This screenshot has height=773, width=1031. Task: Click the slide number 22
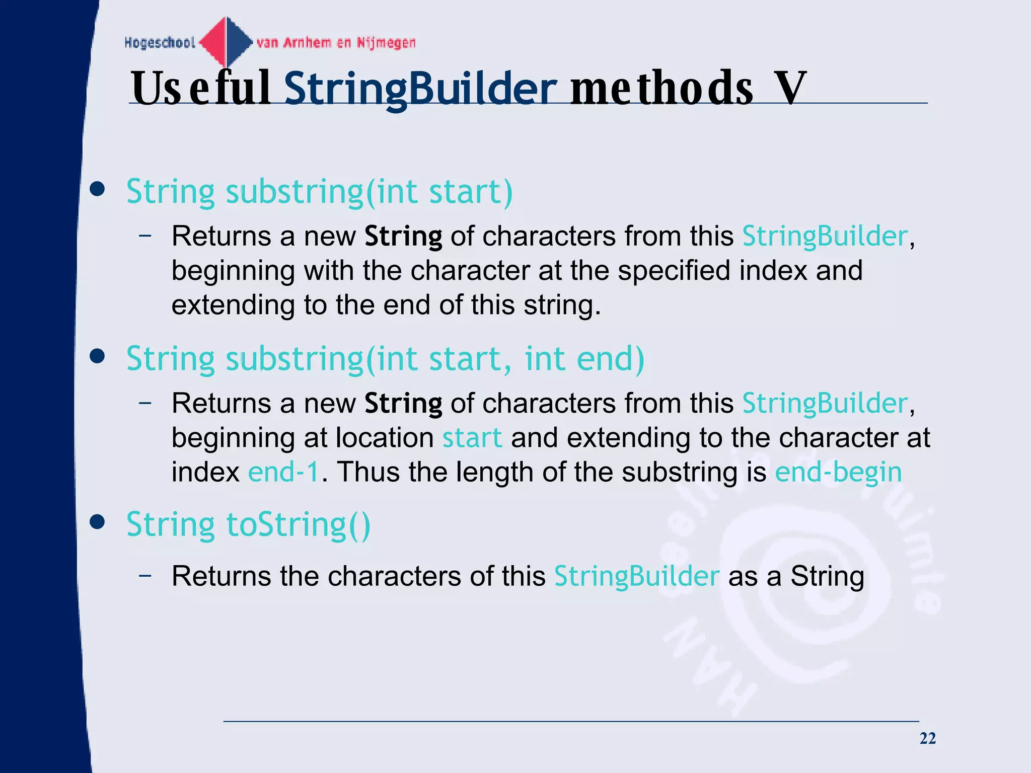tap(927, 738)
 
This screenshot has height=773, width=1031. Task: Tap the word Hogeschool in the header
tap(160, 43)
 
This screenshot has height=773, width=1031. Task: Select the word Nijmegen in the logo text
tap(386, 43)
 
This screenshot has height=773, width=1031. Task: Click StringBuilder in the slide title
tap(420, 89)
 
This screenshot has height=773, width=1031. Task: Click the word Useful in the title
tap(201, 89)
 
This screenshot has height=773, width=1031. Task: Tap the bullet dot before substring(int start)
tap(97, 190)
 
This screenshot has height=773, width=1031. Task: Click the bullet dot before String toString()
tap(97, 522)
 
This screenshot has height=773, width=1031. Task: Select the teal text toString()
tap(299, 524)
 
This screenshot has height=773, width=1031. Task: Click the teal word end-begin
tap(838, 472)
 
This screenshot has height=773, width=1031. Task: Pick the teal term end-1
tap(283, 472)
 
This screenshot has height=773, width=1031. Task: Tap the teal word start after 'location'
tap(472, 438)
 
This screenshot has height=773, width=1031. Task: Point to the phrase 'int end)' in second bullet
tap(584, 358)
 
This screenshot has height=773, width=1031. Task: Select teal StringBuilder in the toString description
tap(636, 576)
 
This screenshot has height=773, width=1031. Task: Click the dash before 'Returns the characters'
tap(145, 575)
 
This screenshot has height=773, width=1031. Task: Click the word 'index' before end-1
tap(205, 472)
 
